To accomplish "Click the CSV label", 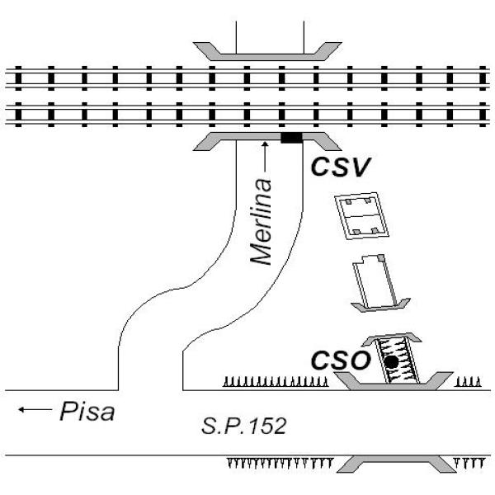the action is [x=340, y=167].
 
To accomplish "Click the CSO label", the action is [x=340, y=360].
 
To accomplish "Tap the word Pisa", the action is [x=87, y=411].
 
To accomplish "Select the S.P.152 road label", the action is [x=243, y=426].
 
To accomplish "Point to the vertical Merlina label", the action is [x=261, y=222].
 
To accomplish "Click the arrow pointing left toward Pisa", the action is [x=35, y=409].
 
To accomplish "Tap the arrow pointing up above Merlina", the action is [x=265, y=157].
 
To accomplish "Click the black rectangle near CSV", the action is [x=292, y=138].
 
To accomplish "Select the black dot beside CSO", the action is [x=391, y=362].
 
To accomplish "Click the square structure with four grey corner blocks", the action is [x=362, y=216].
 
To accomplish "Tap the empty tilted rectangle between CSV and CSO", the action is [x=375, y=281].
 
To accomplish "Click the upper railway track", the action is [x=247, y=78].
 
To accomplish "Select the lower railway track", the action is [x=247, y=115].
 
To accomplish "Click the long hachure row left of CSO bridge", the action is [x=276, y=381].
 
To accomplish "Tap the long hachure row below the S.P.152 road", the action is [x=280, y=463].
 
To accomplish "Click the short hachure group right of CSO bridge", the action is [x=468, y=382].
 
